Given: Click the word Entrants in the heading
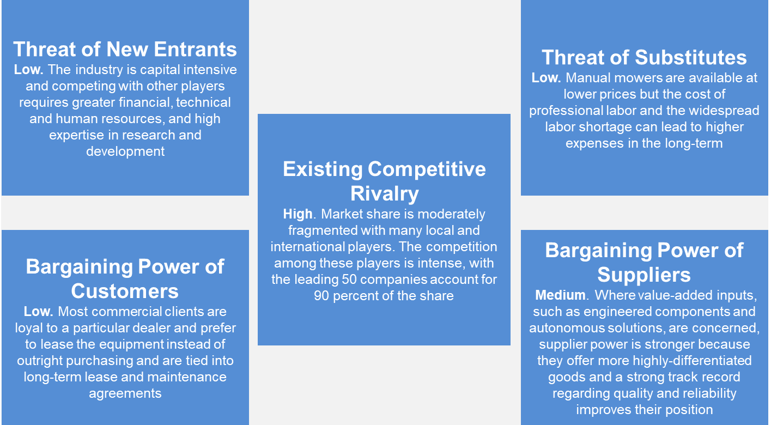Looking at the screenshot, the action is click(195, 49).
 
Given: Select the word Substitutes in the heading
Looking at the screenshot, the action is click(691, 57).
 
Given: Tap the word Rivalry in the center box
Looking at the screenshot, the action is click(385, 194).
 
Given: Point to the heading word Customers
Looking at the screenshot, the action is click(125, 291).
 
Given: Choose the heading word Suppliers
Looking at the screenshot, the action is click(644, 275).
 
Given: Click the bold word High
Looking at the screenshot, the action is click(298, 214).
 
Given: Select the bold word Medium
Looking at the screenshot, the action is click(560, 295).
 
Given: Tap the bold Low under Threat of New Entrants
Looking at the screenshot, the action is click(28, 70).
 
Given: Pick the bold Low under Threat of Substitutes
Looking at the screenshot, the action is click(545, 78).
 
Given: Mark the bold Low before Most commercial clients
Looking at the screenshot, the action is click(38, 312).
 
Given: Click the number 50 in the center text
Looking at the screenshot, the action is click(349, 280).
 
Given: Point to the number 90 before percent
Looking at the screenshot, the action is click(321, 296).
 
